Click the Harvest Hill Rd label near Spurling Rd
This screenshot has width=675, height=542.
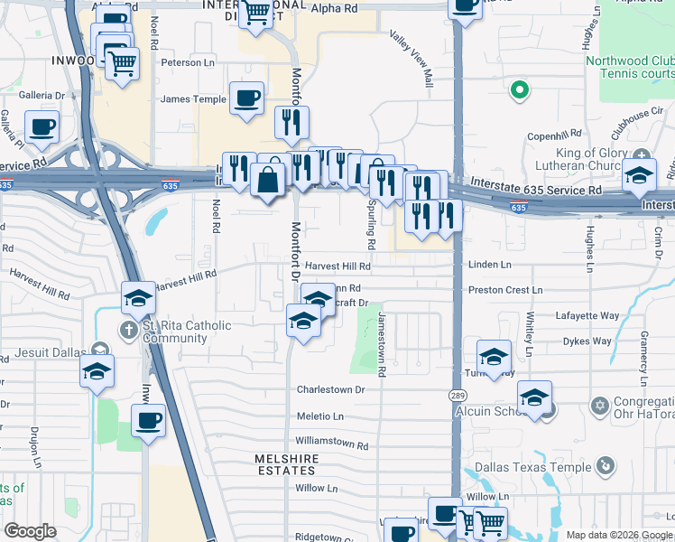point(337,266)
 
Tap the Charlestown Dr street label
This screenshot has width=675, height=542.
point(330,390)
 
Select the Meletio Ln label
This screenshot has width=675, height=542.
point(320,416)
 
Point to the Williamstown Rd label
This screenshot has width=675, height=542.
point(332,445)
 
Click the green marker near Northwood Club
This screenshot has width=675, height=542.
point(519,89)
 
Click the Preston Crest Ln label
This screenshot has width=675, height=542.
point(505,290)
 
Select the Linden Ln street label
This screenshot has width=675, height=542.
point(489,265)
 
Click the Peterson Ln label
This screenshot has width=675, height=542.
point(188,62)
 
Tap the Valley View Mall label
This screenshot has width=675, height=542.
point(411,60)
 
